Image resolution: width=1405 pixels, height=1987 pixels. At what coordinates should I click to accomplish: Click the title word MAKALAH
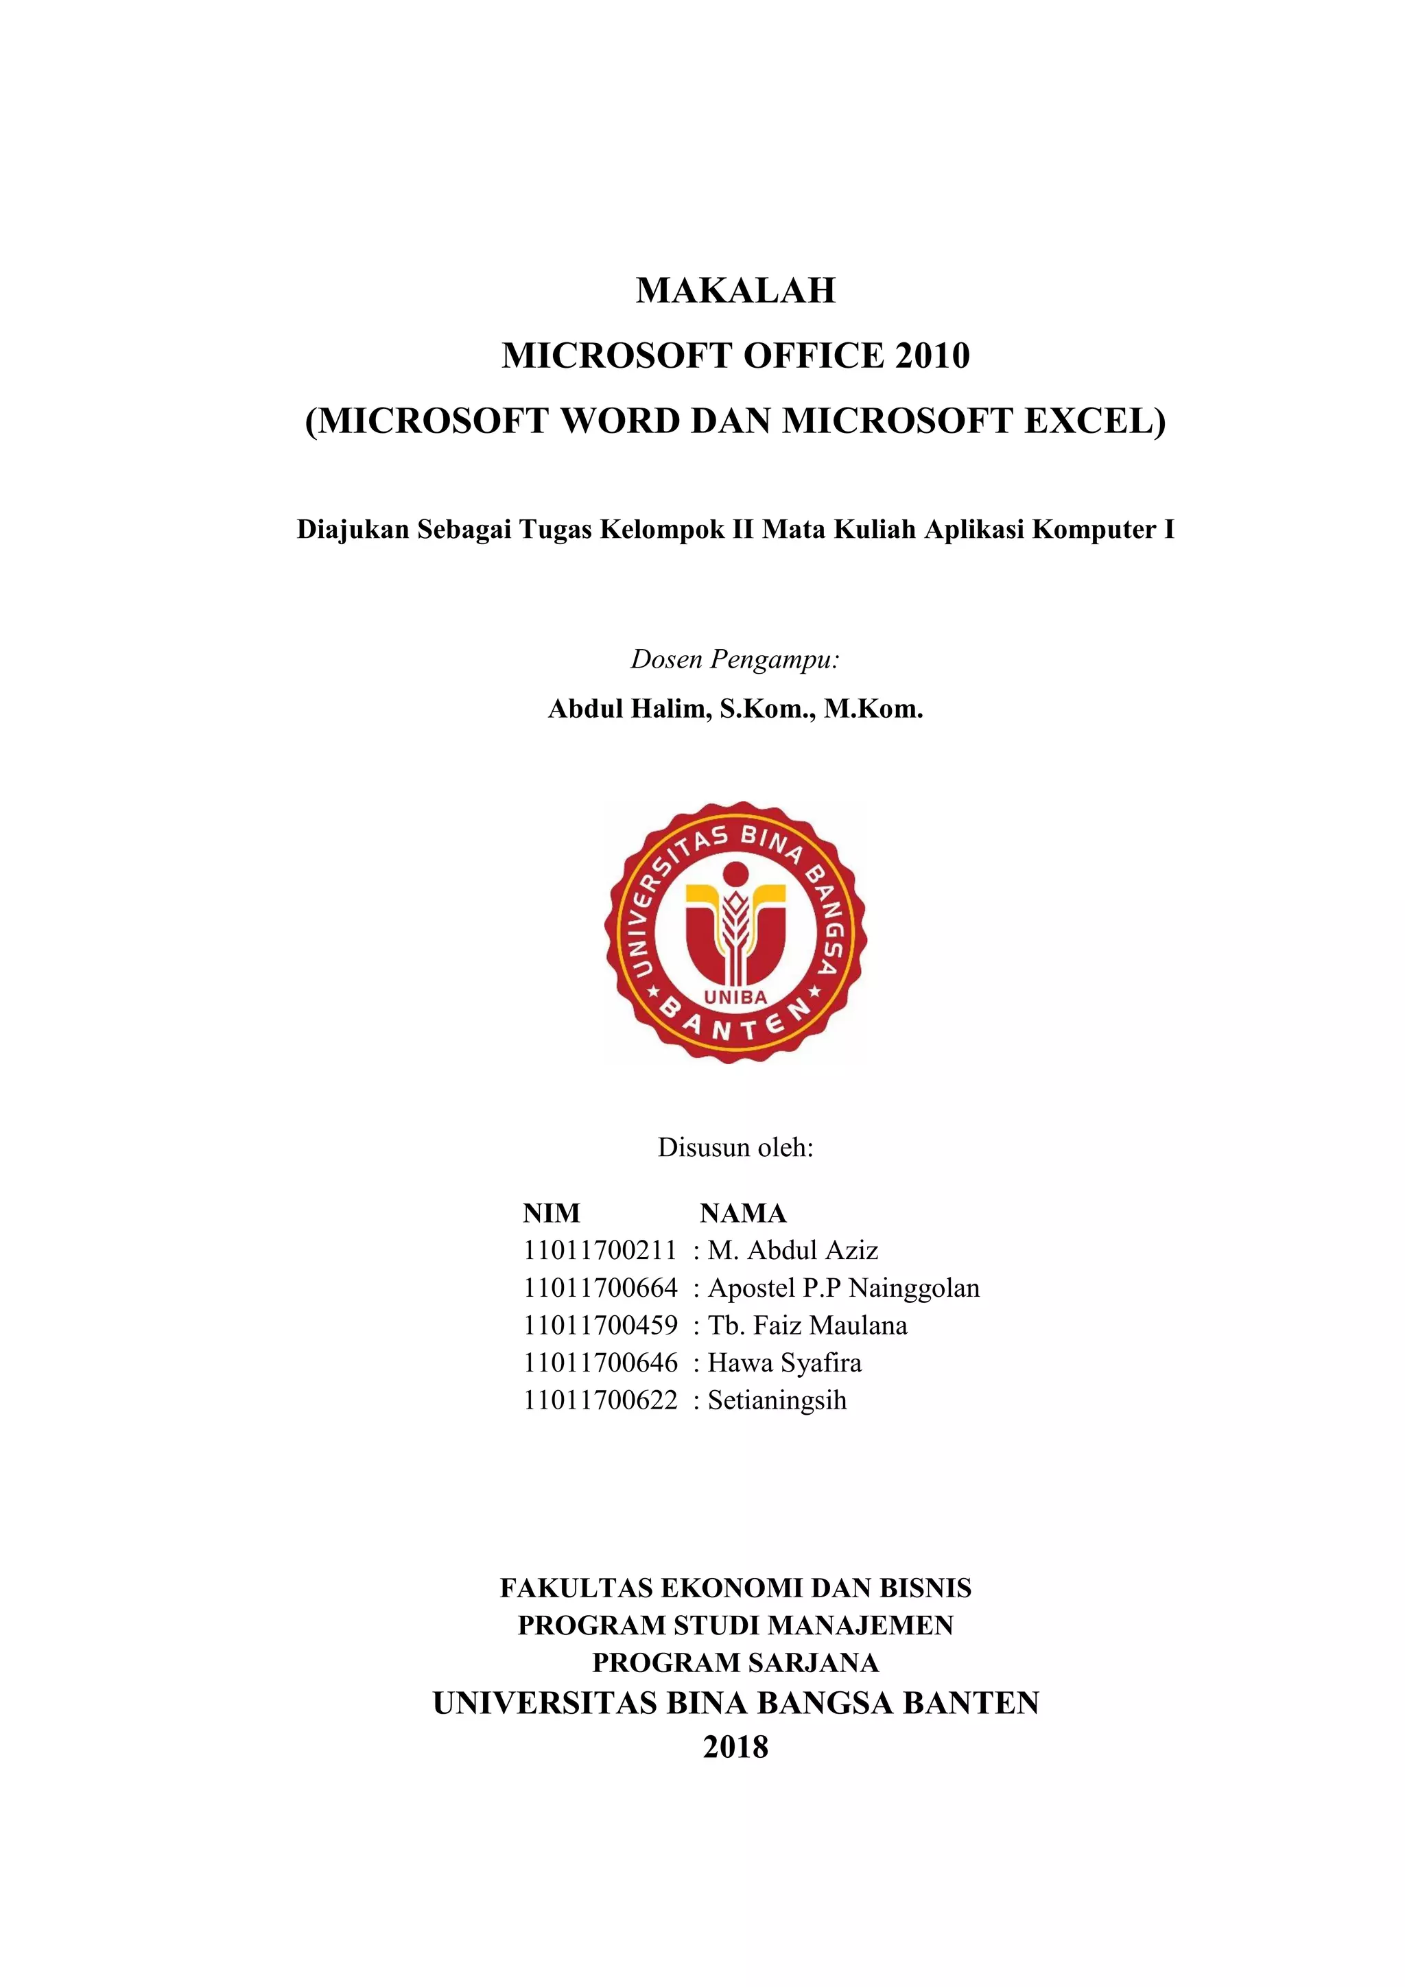(x=735, y=291)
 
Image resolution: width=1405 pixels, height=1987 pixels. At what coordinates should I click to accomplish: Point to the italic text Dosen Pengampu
(x=735, y=659)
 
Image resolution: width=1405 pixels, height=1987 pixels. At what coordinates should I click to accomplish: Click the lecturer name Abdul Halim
(x=626, y=709)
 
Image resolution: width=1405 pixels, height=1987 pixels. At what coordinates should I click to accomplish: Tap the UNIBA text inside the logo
(x=735, y=997)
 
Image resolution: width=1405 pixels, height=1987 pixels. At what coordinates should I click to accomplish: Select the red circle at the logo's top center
(x=735, y=875)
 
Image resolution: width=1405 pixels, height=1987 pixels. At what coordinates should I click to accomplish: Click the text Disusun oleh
(x=735, y=1148)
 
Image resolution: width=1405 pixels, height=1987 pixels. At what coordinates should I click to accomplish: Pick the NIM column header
(x=551, y=1213)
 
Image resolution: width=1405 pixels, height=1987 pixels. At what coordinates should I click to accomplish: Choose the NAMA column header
(x=742, y=1213)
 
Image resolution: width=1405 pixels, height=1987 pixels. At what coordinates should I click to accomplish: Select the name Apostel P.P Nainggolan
(x=844, y=1289)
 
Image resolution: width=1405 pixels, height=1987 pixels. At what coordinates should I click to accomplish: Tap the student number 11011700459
(x=600, y=1326)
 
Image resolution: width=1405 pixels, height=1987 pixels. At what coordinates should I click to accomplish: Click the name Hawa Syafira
(x=785, y=1363)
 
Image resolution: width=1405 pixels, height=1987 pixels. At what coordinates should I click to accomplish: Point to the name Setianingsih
(x=777, y=1400)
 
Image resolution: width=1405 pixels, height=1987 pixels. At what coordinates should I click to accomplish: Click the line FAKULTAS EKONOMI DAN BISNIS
(x=735, y=1588)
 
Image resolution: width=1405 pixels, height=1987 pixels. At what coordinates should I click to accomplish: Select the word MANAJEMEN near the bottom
(x=860, y=1625)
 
